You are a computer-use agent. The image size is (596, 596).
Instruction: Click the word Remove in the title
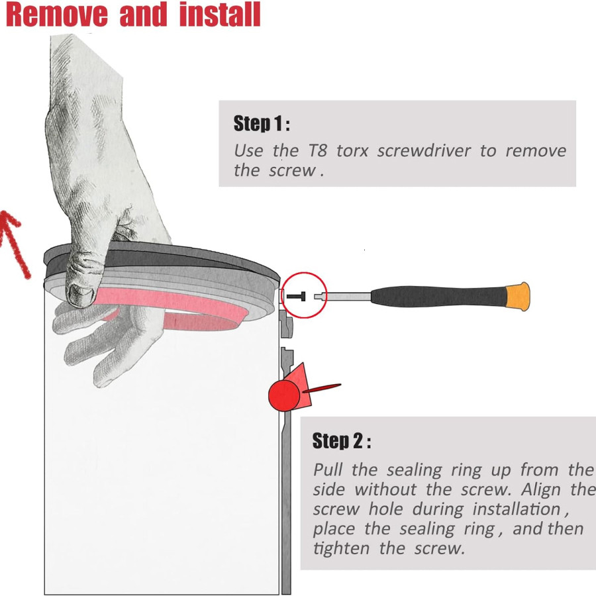pos(57,15)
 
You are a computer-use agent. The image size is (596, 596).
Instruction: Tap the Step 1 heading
pos(261,123)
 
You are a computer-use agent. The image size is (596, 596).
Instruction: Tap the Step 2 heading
pos(341,441)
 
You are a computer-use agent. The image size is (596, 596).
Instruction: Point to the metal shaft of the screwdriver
pos(344,296)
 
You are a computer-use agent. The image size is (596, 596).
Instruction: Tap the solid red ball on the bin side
pos(284,395)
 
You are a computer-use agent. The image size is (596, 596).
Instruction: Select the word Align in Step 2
pos(543,490)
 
